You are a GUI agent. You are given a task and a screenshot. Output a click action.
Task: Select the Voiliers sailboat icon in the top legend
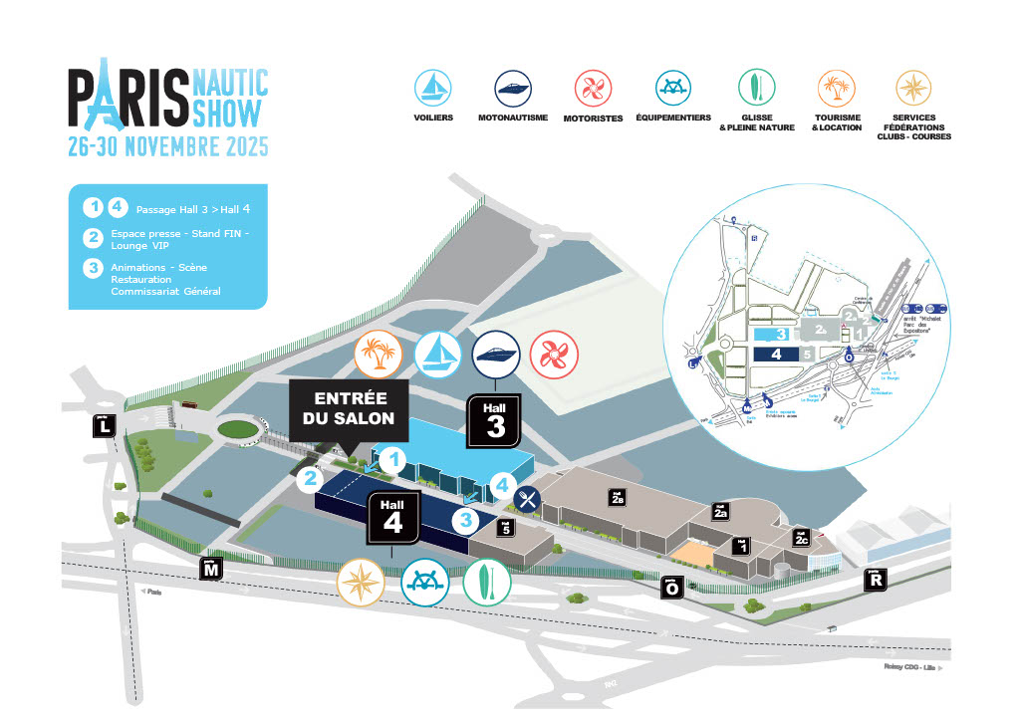(433, 87)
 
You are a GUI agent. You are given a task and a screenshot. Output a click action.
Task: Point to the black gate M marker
(211, 569)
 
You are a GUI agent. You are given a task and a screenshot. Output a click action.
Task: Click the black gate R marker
(877, 579)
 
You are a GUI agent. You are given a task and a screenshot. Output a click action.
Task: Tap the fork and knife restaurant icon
(528, 498)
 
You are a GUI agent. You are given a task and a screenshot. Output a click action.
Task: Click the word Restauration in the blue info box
(141, 280)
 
